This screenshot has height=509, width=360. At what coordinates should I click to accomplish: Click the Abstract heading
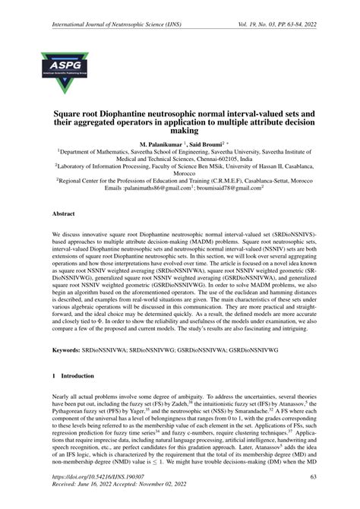tap(64, 215)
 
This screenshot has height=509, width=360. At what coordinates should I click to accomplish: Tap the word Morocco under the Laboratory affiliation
tap(180, 173)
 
